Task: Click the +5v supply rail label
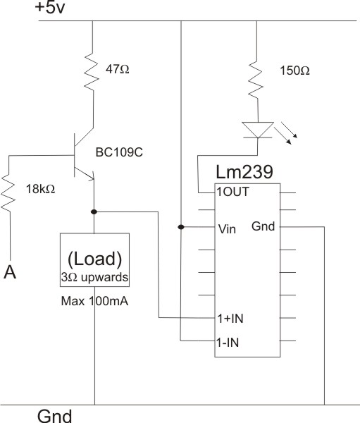pyautogui.click(x=50, y=7)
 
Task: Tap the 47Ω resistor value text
pyautogui.click(x=118, y=69)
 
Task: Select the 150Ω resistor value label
pyautogui.click(x=294, y=70)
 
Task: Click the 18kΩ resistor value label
pyautogui.click(x=40, y=189)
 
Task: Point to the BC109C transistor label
pyautogui.click(x=119, y=152)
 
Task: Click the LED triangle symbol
pyautogui.click(x=258, y=130)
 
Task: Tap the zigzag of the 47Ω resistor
pyautogui.click(x=92, y=71)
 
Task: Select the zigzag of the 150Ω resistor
pyautogui.click(x=256, y=79)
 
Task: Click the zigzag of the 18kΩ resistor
pyautogui.click(x=8, y=192)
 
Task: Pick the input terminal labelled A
pyautogui.click(x=10, y=272)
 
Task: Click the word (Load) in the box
pyautogui.click(x=94, y=259)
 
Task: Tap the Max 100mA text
pyautogui.click(x=94, y=301)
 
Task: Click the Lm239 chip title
pyautogui.click(x=244, y=171)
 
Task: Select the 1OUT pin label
pyautogui.click(x=233, y=192)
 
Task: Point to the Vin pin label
pyautogui.click(x=227, y=229)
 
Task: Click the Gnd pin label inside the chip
pyautogui.click(x=263, y=226)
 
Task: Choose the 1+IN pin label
pyautogui.click(x=230, y=319)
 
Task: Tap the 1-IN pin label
pyautogui.click(x=228, y=343)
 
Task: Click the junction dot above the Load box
pyautogui.click(x=94, y=211)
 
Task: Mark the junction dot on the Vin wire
pyautogui.click(x=181, y=227)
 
